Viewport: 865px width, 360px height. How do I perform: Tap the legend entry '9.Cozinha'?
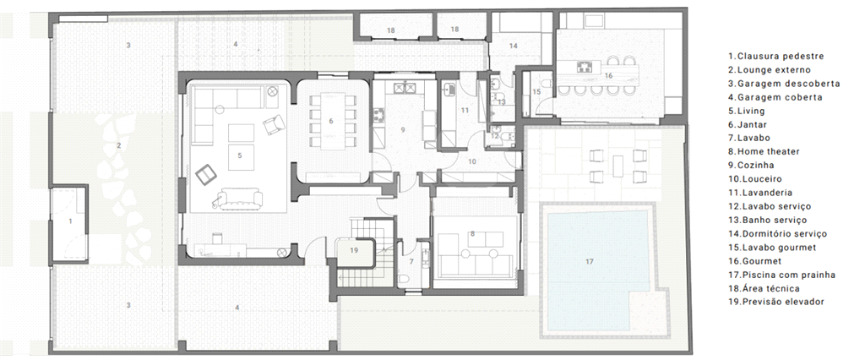click(751, 165)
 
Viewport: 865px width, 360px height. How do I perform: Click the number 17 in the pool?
click(590, 262)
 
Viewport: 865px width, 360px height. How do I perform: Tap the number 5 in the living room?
click(239, 155)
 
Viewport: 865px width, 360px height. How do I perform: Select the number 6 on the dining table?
click(331, 121)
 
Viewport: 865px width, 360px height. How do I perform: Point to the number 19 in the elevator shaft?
click(354, 249)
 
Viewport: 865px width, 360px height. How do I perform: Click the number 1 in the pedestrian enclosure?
click(70, 221)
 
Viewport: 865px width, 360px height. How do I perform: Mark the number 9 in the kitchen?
click(403, 130)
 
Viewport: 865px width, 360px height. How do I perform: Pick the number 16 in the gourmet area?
click(608, 75)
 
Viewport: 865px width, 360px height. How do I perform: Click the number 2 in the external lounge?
click(118, 145)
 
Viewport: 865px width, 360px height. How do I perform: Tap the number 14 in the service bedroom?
click(514, 46)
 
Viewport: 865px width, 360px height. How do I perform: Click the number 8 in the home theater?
click(472, 233)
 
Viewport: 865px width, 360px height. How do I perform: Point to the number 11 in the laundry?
click(465, 111)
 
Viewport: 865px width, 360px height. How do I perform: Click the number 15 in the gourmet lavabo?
click(536, 92)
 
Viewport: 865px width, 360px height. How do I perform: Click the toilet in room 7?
click(403, 278)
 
